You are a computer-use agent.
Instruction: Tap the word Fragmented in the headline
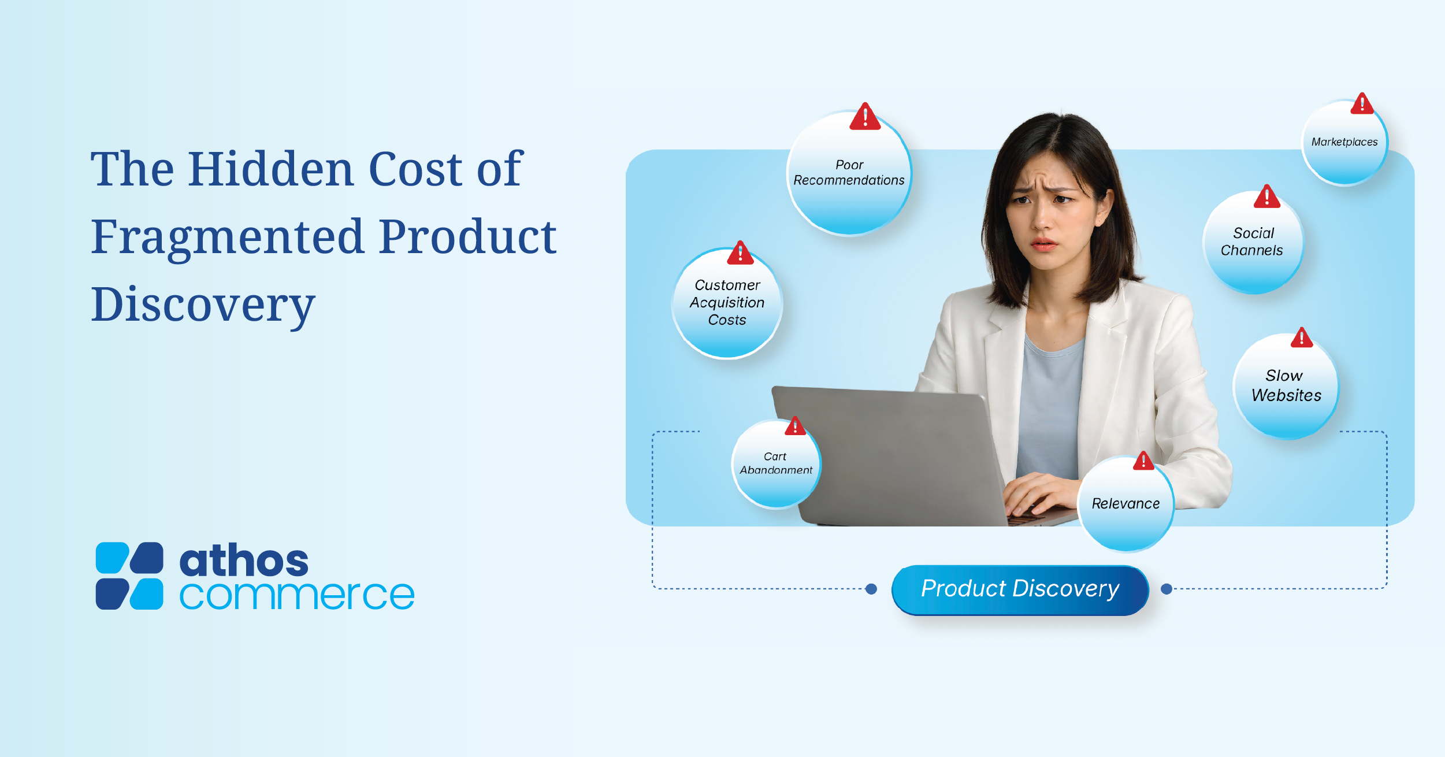point(227,238)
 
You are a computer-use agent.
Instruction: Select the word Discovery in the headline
point(203,306)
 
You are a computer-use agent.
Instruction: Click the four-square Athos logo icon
point(129,576)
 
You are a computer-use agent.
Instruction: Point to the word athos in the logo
point(244,561)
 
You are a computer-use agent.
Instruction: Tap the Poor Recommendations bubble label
point(849,173)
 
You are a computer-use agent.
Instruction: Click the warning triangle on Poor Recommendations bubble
point(865,116)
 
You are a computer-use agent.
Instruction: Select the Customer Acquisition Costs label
point(727,302)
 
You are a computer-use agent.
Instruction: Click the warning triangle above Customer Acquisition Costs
point(740,253)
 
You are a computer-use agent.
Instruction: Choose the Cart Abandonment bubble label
point(776,463)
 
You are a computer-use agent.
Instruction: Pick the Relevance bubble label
point(1125,503)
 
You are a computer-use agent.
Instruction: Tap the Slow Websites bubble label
point(1286,385)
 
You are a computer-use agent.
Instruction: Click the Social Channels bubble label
point(1252,242)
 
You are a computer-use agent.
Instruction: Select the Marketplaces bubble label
point(1344,142)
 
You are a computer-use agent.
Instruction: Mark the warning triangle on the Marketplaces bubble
point(1362,104)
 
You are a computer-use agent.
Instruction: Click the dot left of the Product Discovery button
point(871,589)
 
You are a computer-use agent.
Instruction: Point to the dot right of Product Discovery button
point(1167,589)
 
